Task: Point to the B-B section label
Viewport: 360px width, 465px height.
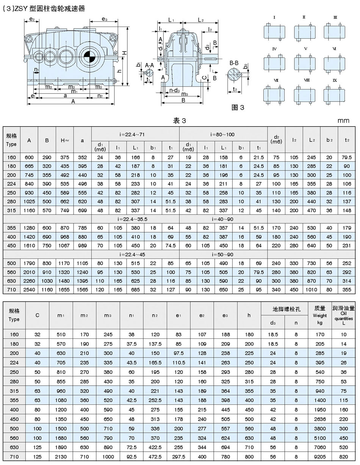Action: pos(234,63)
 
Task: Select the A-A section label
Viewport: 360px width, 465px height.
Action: pos(149,65)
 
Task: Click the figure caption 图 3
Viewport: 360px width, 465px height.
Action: pos(238,108)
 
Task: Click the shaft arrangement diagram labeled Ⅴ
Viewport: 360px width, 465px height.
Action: pos(305,61)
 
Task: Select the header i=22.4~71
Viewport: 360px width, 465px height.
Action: pos(135,134)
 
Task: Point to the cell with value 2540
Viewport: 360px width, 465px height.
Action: pos(29,289)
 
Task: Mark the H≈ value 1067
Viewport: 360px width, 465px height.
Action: pos(64,245)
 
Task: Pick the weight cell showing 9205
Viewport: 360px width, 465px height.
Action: pos(319,457)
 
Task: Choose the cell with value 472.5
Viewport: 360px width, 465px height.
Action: pos(155,457)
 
